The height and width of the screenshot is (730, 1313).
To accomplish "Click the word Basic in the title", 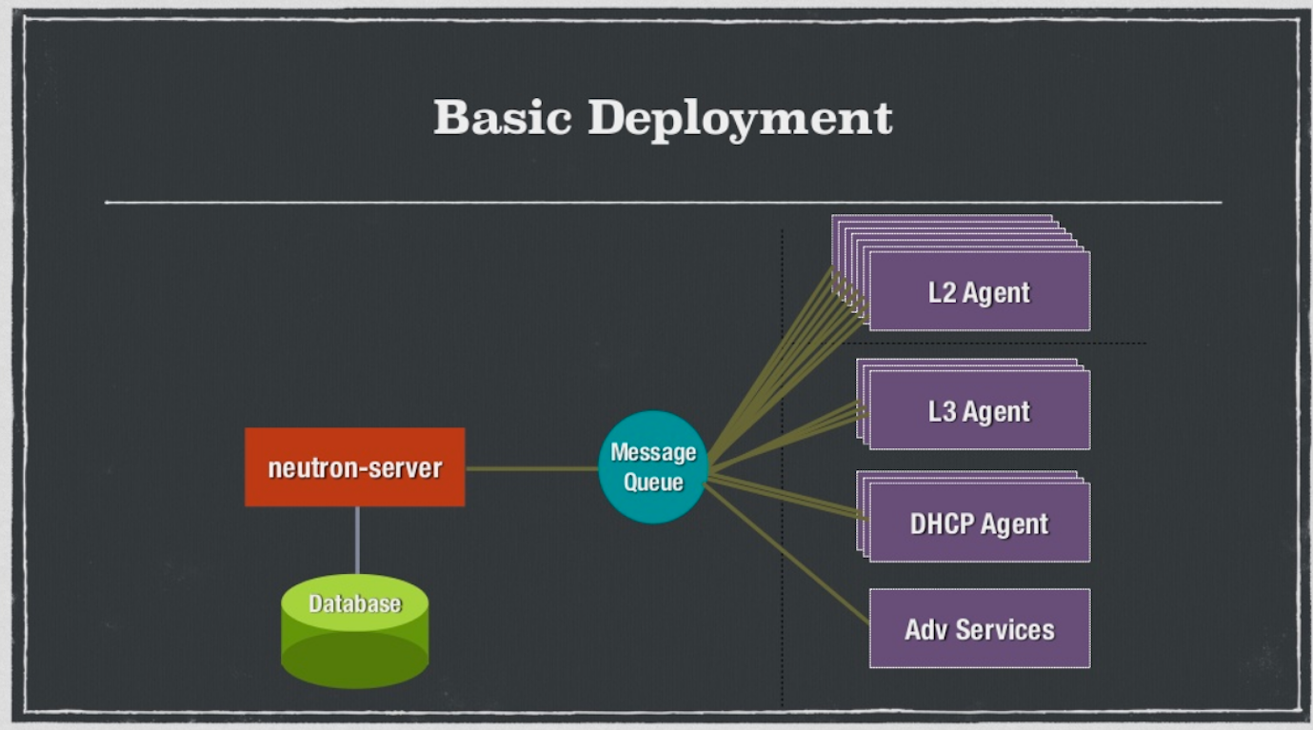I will click(x=502, y=118).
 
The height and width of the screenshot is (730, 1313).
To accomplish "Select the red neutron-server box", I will click(x=354, y=467).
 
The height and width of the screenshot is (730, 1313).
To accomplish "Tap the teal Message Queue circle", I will click(x=653, y=466).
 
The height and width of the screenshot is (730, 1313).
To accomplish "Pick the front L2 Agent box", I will click(x=979, y=292).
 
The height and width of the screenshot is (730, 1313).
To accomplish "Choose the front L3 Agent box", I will click(x=979, y=411).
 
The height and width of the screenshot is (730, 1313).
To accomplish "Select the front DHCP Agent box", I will click(x=979, y=523).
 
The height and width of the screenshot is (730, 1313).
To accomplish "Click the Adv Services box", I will click(x=979, y=629).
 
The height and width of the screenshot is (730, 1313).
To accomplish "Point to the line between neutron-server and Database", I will click(x=357, y=540).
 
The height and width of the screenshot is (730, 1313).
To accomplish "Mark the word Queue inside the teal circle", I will click(x=653, y=482).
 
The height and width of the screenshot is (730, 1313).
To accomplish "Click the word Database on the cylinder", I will click(x=354, y=603).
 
